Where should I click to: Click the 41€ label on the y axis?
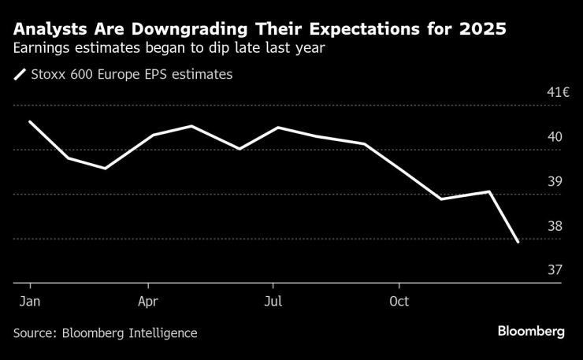tap(558, 92)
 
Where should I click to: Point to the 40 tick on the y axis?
tap(555, 137)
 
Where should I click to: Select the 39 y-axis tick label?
tap(555, 182)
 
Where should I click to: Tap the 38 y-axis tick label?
tap(555, 227)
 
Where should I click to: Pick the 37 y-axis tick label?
tap(555, 270)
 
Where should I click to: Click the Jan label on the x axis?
tap(30, 301)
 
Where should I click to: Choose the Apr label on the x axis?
tap(148, 301)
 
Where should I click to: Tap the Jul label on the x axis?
tap(273, 301)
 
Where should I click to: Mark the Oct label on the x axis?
tap(399, 301)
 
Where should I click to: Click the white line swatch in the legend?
tap(20, 76)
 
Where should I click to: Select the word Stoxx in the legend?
tap(50, 75)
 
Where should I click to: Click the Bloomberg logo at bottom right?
tap(531, 332)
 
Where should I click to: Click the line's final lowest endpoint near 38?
tap(518, 243)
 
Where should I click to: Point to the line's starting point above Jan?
tap(30, 121)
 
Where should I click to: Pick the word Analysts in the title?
tap(48, 31)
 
